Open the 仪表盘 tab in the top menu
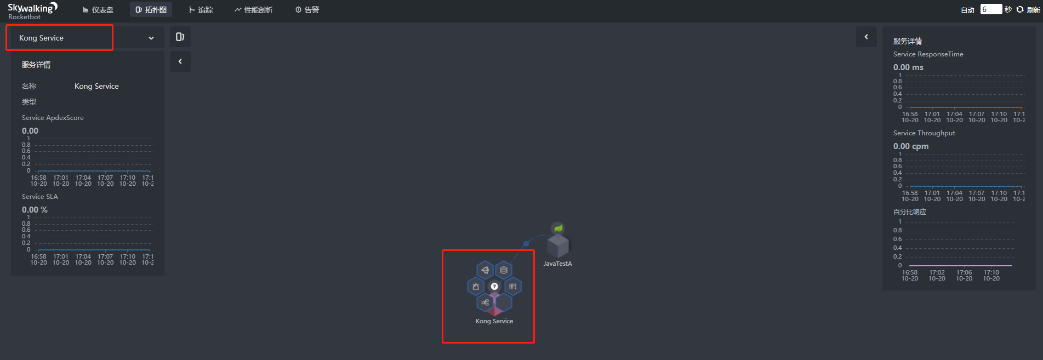click(98, 10)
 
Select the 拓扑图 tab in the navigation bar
click(151, 10)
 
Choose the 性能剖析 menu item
click(254, 10)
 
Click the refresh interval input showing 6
click(990, 9)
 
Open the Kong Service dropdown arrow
click(151, 38)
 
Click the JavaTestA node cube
click(558, 246)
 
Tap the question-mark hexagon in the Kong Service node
click(494, 287)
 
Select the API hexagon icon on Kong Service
click(513, 286)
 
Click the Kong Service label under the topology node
click(494, 321)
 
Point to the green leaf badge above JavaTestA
click(558, 228)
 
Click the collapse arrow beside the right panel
click(867, 37)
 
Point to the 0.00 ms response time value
click(908, 67)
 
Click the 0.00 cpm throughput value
click(911, 146)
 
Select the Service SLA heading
click(40, 197)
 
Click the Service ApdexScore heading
click(53, 118)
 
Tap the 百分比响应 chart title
click(909, 212)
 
